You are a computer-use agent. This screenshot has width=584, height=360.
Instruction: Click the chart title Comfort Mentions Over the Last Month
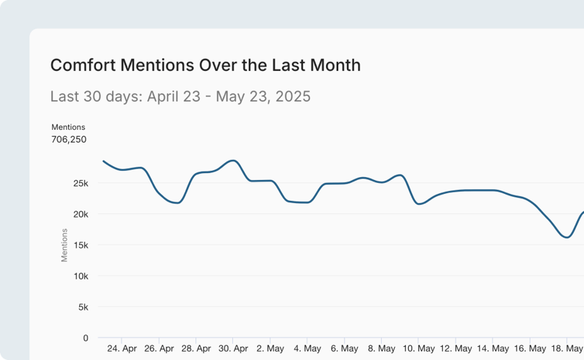tap(205, 65)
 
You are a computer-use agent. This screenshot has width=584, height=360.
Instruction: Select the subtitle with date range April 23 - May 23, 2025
tap(180, 96)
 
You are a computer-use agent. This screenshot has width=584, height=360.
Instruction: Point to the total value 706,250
tap(69, 139)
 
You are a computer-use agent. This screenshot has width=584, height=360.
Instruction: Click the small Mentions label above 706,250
tap(68, 127)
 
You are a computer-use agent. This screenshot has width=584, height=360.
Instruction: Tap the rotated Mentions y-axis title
tap(65, 245)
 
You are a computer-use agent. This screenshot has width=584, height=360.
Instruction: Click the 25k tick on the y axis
tap(81, 183)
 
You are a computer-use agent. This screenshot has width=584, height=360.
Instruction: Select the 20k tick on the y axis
tap(81, 214)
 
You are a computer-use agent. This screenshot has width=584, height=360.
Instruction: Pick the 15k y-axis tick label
tap(81, 245)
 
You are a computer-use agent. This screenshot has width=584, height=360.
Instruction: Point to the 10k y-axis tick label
tap(81, 276)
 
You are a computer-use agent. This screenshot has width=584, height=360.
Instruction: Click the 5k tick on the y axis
tap(83, 307)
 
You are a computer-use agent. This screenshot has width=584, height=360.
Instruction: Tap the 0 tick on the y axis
tap(86, 338)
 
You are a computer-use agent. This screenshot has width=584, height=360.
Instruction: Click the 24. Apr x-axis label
tap(122, 348)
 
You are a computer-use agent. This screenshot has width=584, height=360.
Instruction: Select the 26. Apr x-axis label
tap(159, 348)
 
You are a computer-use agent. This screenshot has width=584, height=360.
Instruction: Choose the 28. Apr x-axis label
tap(196, 348)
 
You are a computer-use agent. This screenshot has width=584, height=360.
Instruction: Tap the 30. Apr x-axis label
tap(233, 348)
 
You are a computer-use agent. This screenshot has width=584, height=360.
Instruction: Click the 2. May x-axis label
tap(270, 348)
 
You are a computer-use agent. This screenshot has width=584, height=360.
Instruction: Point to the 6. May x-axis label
tap(343, 348)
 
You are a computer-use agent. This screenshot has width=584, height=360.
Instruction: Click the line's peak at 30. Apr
tap(234, 161)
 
